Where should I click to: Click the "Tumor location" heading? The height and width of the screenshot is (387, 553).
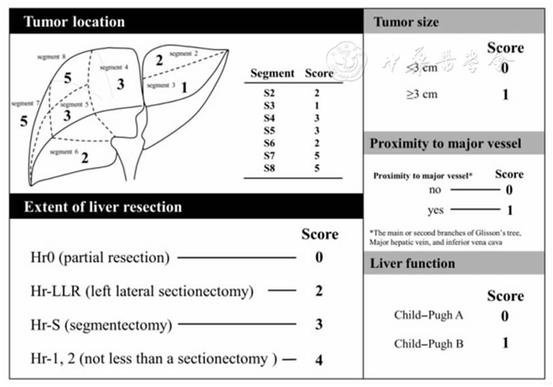[x=74, y=22]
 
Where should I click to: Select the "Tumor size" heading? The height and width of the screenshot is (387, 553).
[x=406, y=22]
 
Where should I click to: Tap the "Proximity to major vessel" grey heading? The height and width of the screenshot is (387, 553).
[x=445, y=143]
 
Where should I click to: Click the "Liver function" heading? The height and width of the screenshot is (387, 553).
[x=412, y=263]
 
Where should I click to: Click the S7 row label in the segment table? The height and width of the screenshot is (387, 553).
[x=269, y=157]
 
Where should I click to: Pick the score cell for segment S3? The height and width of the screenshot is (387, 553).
[x=317, y=106]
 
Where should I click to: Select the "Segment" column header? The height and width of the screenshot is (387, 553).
[x=273, y=74]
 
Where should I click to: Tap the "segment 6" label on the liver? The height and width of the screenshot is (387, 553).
[x=64, y=152]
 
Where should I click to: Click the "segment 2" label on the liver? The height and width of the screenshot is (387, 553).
[x=183, y=53]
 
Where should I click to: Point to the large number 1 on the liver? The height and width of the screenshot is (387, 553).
[x=184, y=86]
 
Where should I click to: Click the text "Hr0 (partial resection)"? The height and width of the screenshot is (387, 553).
[x=100, y=257]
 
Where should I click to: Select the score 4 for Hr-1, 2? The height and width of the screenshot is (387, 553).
[x=319, y=360]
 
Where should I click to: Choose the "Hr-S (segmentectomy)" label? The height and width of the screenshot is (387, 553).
[x=101, y=325]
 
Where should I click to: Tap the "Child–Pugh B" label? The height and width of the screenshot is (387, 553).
[x=428, y=344]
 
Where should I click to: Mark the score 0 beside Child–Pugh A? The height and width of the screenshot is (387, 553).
[x=505, y=315]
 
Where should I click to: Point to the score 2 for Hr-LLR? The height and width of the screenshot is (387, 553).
[x=319, y=291]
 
